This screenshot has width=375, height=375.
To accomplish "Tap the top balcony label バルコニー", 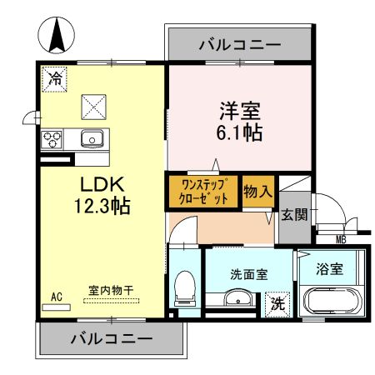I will coord(239,45).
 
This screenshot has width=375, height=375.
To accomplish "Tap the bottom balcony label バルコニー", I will coord(110,339).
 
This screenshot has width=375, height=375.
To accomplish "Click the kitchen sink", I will coord(91,137).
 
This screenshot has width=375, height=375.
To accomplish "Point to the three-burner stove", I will coord(54,138).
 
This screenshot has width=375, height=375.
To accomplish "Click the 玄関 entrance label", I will coord(293,214).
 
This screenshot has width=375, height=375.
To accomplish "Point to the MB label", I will coord(340,241).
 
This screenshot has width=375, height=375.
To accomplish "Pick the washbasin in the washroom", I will coord(237,300).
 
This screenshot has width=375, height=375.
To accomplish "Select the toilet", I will coord(184,287).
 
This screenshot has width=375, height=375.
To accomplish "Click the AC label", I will coord(57,294).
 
